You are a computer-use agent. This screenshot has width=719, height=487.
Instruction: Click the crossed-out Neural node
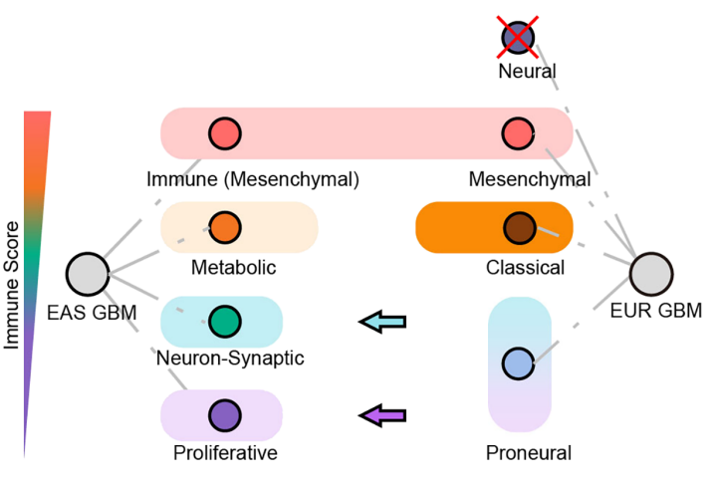(518, 37)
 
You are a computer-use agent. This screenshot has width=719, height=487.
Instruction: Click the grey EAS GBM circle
(87, 274)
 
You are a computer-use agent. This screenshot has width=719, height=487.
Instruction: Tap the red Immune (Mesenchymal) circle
(224, 133)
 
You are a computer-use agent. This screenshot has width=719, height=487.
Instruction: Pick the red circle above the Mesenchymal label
(517, 133)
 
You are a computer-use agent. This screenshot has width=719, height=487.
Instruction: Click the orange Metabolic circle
(224, 227)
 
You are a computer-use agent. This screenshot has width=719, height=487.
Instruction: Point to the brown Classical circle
(518, 227)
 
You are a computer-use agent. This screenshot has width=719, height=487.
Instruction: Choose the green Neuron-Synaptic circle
(224, 321)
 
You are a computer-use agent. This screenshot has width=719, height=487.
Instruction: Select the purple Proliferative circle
(224, 414)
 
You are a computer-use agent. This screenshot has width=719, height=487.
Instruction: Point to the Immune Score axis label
(12, 286)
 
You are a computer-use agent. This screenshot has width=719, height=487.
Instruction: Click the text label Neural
(527, 72)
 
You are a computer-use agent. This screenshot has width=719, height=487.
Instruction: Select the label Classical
(525, 268)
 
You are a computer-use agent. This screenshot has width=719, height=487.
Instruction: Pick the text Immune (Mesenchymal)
(252, 180)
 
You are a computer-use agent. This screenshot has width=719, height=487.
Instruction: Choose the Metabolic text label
(232, 268)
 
